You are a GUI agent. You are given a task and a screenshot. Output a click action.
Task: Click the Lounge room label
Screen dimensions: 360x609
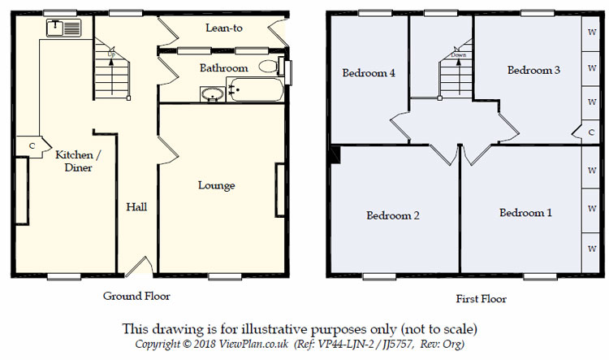pyautogui.click(x=216, y=185)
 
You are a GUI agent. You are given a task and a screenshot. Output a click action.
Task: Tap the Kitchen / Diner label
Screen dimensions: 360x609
pyautogui.click(x=78, y=161)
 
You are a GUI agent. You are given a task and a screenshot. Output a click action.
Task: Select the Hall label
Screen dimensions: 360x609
pyautogui.click(x=136, y=207)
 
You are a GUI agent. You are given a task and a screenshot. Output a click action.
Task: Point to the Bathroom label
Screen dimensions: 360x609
pyautogui.click(x=223, y=68)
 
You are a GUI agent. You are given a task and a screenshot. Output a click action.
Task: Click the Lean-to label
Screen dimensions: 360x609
pyautogui.click(x=224, y=28)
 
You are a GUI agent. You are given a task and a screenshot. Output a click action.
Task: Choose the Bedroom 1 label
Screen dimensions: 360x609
pyautogui.click(x=525, y=213)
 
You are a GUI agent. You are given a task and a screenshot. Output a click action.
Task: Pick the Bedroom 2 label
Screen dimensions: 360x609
pyautogui.click(x=392, y=215)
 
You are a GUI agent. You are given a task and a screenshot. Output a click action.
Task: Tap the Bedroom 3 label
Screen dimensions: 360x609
pyautogui.click(x=533, y=70)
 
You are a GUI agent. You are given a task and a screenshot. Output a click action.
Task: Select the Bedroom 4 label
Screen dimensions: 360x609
pyautogui.click(x=369, y=72)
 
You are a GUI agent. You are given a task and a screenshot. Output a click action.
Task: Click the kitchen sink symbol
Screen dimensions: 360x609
pyautogui.click(x=62, y=28)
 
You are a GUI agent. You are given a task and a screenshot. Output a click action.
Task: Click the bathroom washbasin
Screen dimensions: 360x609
pyautogui.click(x=213, y=94)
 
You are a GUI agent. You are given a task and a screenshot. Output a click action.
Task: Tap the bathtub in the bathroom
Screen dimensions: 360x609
pyautogui.click(x=255, y=90)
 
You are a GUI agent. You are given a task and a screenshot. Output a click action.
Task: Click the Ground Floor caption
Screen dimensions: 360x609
pyautogui.click(x=136, y=296)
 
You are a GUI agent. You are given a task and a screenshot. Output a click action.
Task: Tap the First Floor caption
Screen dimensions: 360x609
pyautogui.click(x=482, y=299)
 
